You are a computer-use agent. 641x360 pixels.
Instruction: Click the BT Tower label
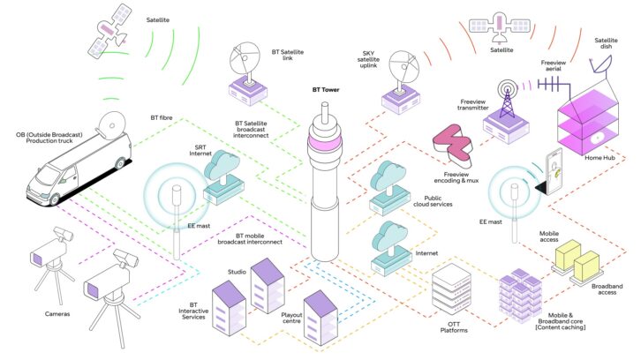pyautogui.click(x=326, y=89)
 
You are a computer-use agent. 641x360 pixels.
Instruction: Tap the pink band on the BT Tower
pyautogui.click(x=325, y=143)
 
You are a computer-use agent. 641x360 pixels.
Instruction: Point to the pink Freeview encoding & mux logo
pyautogui.click(x=453, y=145)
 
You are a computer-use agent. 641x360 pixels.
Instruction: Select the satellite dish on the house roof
pyautogui.click(x=601, y=65)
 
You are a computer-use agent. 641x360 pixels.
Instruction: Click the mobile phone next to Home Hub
pyautogui.click(x=551, y=172)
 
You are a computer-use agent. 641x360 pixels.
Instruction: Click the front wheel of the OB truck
pyautogui.click(x=55, y=199)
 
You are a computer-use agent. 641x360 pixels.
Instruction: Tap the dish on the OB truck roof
pyautogui.click(x=111, y=124)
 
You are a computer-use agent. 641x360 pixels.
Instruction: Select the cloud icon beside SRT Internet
pyautogui.click(x=222, y=164)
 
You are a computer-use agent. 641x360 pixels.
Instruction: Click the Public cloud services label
pyautogui.click(x=433, y=201)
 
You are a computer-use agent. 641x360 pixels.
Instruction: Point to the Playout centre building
pyautogui.click(x=320, y=318)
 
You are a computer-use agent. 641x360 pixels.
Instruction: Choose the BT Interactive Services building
pyautogui.click(x=229, y=308)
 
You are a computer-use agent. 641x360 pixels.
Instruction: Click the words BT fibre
pyautogui.click(x=162, y=117)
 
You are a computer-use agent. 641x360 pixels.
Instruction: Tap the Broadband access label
pyautogui.click(x=607, y=289)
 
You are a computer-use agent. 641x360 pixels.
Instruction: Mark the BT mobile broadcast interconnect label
pyautogui.click(x=250, y=238)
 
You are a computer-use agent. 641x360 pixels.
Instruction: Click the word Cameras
pyautogui.click(x=57, y=314)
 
